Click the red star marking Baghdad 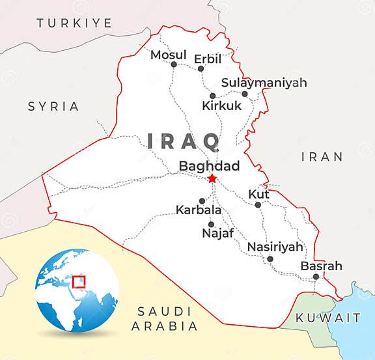tap(211, 179)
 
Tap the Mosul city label tap(168, 55)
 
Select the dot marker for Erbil tap(201, 69)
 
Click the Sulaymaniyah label tap(264, 83)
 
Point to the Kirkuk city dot tap(212, 96)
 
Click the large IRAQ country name tap(184, 141)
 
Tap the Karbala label tap(199, 210)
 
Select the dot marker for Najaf tap(211, 225)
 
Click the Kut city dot tap(258, 205)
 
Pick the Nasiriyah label tap(275, 247)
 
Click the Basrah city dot tap(316, 277)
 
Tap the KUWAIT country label tap(328, 318)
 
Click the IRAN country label tap(322, 156)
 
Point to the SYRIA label tap(53, 106)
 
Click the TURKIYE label tap(74, 23)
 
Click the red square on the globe tap(79, 281)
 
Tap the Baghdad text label tap(210, 165)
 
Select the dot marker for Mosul tap(174, 64)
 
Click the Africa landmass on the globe tap(60, 306)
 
